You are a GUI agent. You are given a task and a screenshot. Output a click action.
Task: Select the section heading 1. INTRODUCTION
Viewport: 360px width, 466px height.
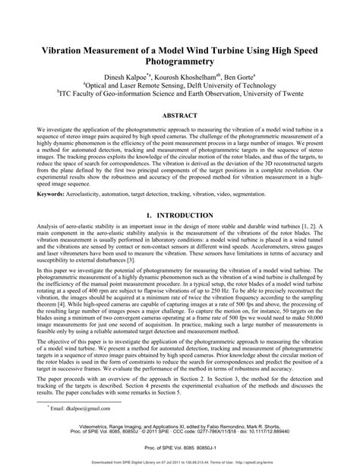pyautogui.click(x=180, y=216)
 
